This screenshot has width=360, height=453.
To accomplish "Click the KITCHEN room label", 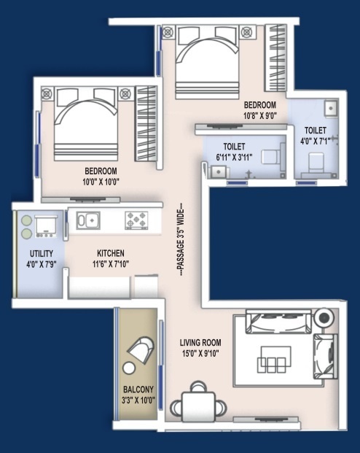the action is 111,253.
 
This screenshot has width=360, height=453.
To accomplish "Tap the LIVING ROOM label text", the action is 200,343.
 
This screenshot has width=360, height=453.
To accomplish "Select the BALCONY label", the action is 138,390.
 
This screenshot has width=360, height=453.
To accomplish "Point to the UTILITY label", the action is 42,254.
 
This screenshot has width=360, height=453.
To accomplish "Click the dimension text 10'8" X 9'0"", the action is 260,116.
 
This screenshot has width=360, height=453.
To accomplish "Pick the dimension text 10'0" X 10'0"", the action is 101,182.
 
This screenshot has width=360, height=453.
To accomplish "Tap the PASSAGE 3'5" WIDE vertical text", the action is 181,239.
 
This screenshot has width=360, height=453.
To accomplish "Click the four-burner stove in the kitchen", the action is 136,220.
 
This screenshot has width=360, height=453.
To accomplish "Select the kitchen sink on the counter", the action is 88,220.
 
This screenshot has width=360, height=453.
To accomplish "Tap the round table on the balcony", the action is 128,368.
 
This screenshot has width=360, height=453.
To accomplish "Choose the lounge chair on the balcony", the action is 141,349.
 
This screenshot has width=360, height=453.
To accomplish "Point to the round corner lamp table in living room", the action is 325,318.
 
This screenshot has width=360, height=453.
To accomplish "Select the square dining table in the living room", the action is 198,407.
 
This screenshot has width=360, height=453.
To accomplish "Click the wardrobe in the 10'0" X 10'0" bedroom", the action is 146,124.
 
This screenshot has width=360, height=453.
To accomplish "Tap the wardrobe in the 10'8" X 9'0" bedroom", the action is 275,58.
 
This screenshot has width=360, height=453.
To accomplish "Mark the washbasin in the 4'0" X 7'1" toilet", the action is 331,109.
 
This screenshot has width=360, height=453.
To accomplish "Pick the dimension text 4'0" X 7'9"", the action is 42,264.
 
